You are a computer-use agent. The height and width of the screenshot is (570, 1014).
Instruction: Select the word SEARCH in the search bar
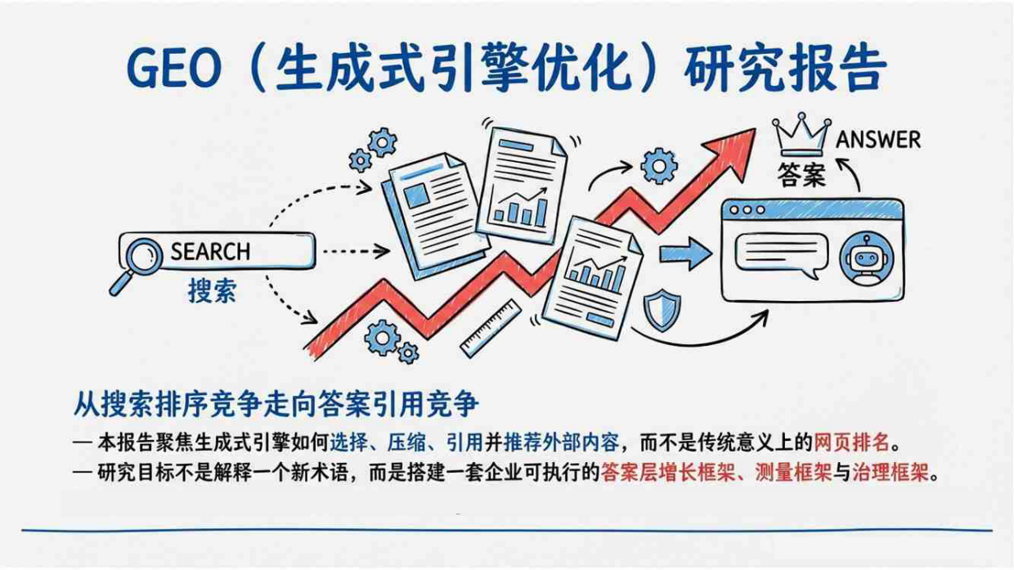[x=210, y=251]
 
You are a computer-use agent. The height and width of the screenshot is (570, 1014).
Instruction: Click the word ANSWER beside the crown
[x=877, y=139]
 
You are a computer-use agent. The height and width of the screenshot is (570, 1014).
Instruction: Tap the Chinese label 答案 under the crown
[x=801, y=175]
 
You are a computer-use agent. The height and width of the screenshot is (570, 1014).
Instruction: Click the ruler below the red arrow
[x=491, y=327]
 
